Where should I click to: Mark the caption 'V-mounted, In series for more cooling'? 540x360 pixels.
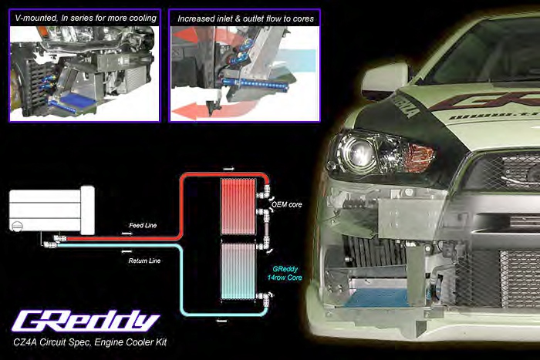85,18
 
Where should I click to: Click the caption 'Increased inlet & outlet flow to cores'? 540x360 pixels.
245,18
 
